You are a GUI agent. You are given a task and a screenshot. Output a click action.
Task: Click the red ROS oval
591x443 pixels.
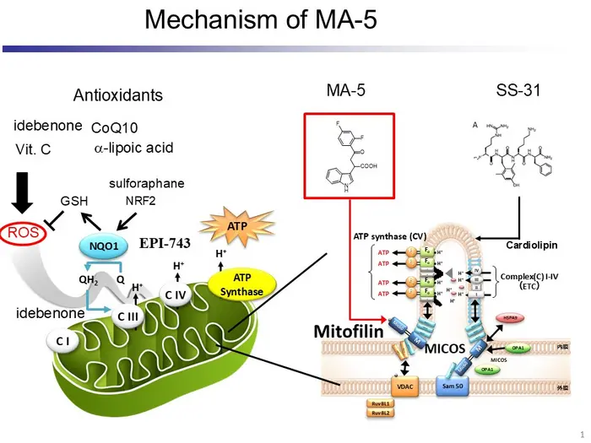(24, 231)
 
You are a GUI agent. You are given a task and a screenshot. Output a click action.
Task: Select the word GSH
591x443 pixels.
(73, 202)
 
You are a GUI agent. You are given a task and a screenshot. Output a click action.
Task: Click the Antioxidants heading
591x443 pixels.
(118, 95)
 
